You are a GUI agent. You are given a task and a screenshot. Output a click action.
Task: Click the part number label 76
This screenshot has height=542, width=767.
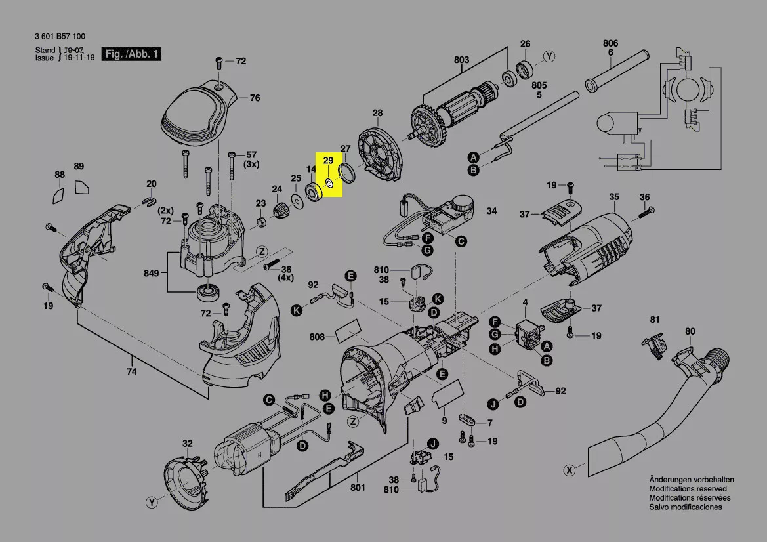pyautogui.click(x=255, y=98)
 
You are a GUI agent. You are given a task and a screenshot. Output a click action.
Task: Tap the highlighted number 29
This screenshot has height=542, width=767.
pyautogui.click(x=328, y=161)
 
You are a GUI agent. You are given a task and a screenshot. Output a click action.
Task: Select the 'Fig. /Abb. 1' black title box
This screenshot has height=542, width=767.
pyautogui.click(x=132, y=54)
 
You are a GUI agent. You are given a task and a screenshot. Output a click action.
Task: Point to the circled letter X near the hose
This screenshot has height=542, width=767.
pyautogui.click(x=569, y=470)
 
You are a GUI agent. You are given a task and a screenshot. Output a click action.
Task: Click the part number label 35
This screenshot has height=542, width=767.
pyautogui.click(x=614, y=197)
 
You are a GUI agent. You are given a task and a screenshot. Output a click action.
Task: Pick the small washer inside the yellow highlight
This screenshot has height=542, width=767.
pyautogui.click(x=329, y=183)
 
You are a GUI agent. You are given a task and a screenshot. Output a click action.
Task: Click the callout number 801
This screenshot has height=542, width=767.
pyautogui.click(x=358, y=488)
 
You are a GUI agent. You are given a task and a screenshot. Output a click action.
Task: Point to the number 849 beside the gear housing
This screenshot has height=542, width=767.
pyautogui.click(x=151, y=273)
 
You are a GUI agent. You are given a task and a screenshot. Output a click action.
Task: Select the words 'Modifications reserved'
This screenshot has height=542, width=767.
pyautogui.click(x=688, y=489)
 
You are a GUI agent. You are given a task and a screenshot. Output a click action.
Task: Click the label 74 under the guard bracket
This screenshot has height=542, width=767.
pyautogui.click(x=132, y=372)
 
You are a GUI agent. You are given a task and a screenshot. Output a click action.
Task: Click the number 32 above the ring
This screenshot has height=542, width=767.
pyautogui.click(x=188, y=444)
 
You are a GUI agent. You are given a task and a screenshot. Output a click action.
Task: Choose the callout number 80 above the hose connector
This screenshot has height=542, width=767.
pyautogui.click(x=690, y=331)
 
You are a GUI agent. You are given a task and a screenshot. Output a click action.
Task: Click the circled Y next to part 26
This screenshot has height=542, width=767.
pyautogui.click(x=550, y=56)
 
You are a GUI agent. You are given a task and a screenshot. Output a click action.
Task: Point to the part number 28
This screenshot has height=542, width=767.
pyautogui.click(x=378, y=113)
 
